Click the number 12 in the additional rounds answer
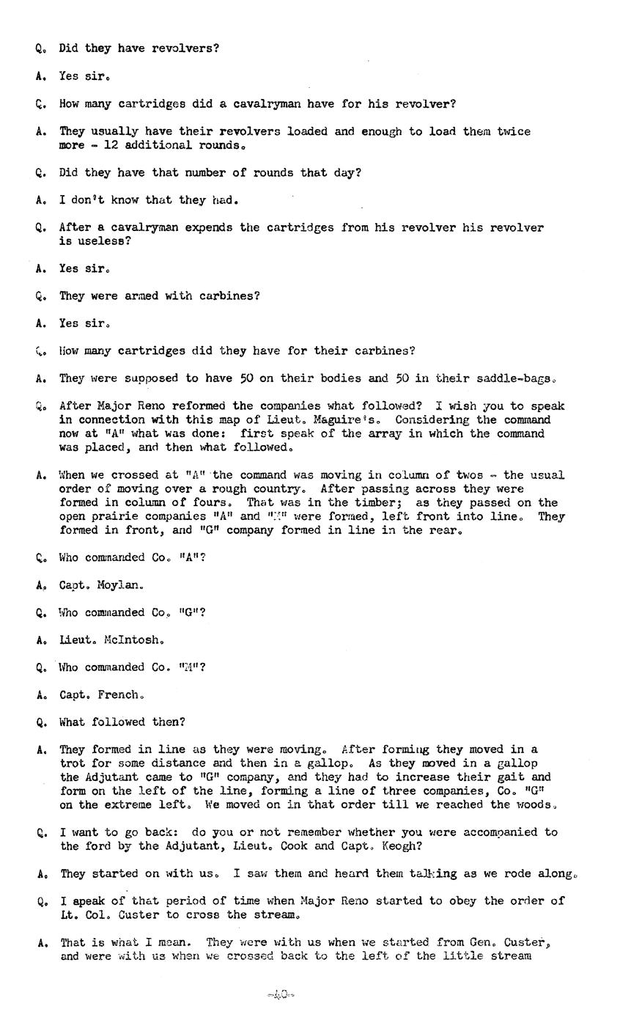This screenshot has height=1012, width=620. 111,145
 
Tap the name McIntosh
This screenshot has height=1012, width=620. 130,639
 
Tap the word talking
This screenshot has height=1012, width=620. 432,873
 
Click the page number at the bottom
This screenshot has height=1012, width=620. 280,995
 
